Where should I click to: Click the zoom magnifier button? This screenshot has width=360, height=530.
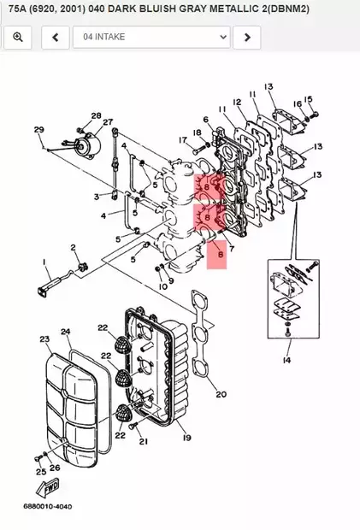(x=18, y=38)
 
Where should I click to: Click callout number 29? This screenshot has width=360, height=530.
(x=38, y=129)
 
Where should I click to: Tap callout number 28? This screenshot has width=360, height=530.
(x=96, y=115)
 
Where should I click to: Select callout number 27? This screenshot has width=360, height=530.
(x=109, y=122)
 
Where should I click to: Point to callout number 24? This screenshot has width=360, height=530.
(x=65, y=331)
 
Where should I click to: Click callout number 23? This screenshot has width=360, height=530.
(x=44, y=339)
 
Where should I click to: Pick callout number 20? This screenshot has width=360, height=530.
(x=221, y=395)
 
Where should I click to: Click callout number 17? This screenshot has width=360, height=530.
(x=182, y=140)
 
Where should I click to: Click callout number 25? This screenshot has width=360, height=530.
(x=39, y=471)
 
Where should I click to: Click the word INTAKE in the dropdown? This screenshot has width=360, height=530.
(x=111, y=38)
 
